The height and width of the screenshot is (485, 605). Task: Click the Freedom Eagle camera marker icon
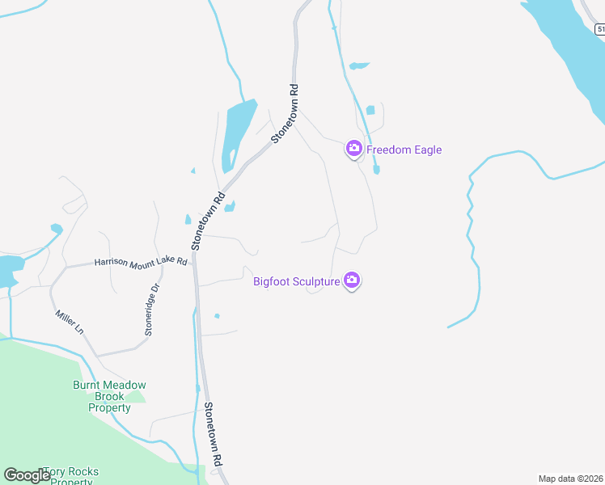point(353,149)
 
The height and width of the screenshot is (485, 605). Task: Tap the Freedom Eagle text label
point(404,150)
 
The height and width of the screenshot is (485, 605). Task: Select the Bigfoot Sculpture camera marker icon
point(352,280)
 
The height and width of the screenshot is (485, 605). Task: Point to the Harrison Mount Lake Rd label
point(141,262)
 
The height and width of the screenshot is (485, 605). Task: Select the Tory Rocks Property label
point(70,476)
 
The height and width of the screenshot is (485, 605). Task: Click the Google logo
point(27,475)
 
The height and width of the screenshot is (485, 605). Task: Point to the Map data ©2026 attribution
point(571,479)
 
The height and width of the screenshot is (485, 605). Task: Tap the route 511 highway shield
point(600,29)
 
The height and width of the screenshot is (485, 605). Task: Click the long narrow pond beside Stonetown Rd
point(237,129)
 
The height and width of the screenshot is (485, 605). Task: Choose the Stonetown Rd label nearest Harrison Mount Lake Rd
point(208,221)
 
